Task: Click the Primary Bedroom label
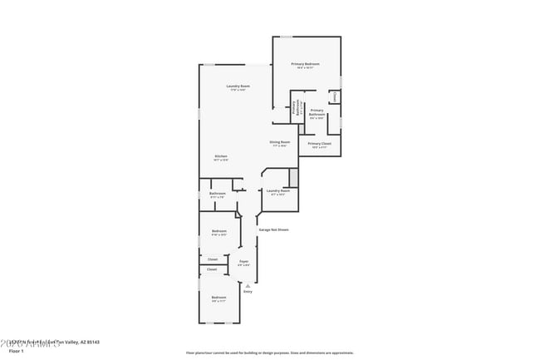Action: (305, 65)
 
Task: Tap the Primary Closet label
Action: (319, 145)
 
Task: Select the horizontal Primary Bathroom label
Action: (317, 112)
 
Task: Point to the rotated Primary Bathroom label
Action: (294, 107)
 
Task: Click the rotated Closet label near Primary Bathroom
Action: (335, 97)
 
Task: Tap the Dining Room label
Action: (279, 142)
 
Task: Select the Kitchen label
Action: (221, 157)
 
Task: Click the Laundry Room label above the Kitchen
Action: (238, 86)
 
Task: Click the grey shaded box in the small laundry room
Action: (293, 177)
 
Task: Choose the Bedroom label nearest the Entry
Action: (218, 298)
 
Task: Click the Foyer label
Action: (243, 262)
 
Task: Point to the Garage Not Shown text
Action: (272, 229)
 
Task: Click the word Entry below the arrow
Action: (248, 292)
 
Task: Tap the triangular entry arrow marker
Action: (248, 285)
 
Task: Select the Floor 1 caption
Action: (17, 352)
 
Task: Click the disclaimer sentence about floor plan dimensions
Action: (270, 353)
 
